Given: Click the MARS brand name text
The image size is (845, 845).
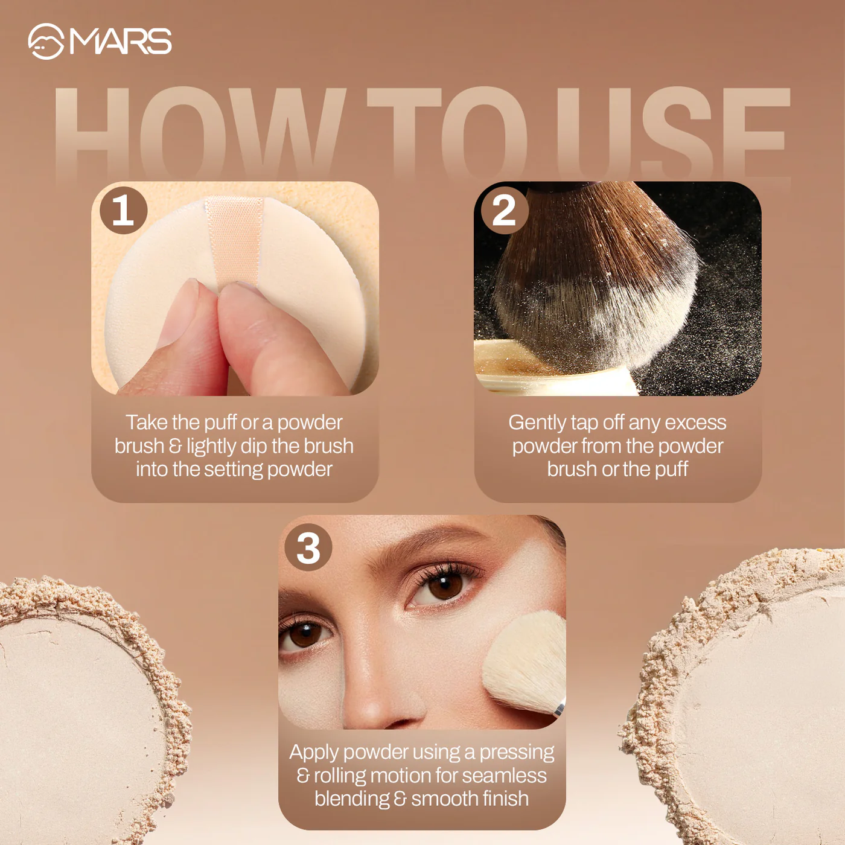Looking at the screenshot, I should click(121, 41).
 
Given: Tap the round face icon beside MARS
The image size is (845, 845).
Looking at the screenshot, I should click(46, 41).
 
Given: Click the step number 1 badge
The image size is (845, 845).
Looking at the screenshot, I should click(124, 210).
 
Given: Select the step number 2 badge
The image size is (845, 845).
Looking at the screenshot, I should click(504, 210).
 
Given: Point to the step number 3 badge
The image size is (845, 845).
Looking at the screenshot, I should click(308, 547).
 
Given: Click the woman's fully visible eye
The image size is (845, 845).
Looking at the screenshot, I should click(444, 585).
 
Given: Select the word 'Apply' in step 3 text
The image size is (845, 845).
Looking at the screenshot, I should click(314, 753).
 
